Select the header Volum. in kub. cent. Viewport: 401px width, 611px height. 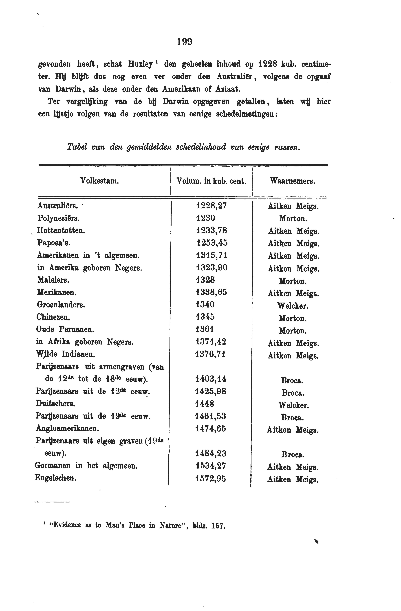point(211,181)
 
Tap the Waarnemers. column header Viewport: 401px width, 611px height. point(292,181)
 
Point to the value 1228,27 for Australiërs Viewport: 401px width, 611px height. point(211,206)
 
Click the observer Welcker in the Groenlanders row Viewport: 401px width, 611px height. point(292,306)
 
